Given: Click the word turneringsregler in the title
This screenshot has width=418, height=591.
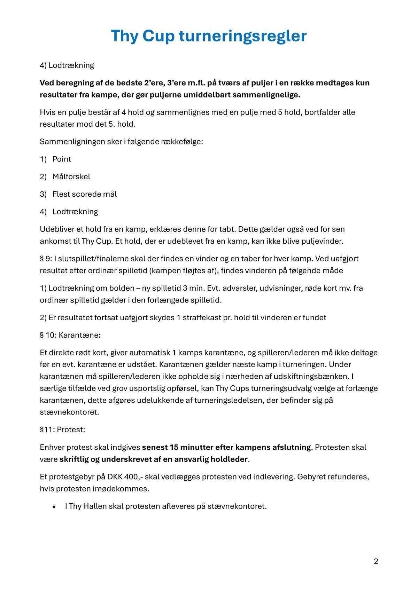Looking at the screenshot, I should [243, 36].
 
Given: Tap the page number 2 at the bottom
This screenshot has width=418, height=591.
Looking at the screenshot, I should [376, 561].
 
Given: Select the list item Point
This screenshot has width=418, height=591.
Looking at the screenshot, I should [62, 159].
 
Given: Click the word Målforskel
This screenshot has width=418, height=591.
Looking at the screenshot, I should [71, 176].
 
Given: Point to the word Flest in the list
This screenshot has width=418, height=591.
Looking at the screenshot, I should [60, 194].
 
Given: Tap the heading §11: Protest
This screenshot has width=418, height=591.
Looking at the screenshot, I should [62, 429].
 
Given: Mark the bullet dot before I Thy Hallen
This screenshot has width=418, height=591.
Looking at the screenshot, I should [54, 507].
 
